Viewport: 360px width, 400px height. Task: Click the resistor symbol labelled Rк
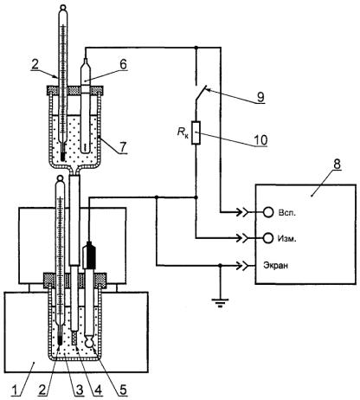coord(196,133)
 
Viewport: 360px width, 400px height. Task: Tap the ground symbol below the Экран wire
coord(220,303)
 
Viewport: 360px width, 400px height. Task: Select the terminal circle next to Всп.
coord(268,212)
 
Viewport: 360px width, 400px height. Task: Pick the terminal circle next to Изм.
coord(268,238)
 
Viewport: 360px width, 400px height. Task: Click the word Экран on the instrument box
coord(275,265)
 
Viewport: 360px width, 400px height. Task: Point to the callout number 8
coord(337,164)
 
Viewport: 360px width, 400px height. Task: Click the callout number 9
coord(260,97)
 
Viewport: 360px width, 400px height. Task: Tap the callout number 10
coord(260,140)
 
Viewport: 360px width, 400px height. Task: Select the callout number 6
coord(123,65)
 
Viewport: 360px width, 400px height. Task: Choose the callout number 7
coord(123,147)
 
